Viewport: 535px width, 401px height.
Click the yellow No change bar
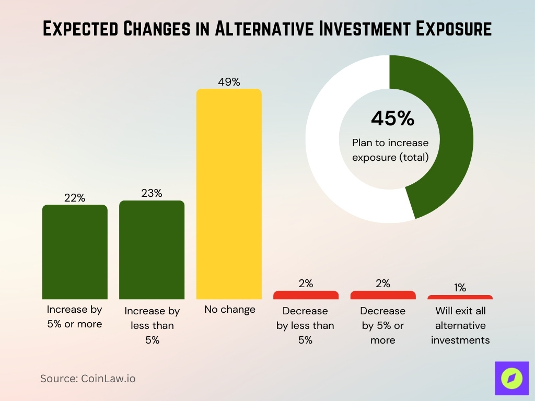[x=229, y=194]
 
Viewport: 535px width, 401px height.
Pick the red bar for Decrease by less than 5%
[x=306, y=295]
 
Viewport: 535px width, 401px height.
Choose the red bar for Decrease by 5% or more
[x=383, y=295]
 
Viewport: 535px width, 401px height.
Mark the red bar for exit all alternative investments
[x=460, y=297]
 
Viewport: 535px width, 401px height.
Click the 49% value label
[x=229, y=82]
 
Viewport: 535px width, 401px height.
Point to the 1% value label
[x=460, y=288]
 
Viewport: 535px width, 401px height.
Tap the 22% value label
[x=75, y=198]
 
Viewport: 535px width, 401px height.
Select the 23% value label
[x=152, y=193]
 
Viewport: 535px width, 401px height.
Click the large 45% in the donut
[x=392, y=119]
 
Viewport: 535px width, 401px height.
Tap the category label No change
[x=230, y=310]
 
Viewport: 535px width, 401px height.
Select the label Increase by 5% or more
[x=75, y=316]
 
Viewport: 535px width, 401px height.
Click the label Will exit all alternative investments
[x=460, y=325]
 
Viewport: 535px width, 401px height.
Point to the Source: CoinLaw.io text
[x=88, y=379]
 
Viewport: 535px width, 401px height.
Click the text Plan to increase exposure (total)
[x=390, y=150]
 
